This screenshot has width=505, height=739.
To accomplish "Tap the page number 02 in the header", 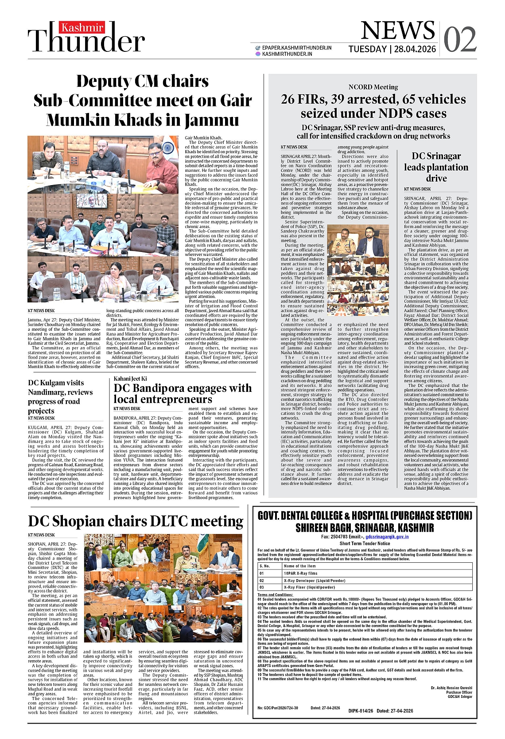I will click(x=460, y=40).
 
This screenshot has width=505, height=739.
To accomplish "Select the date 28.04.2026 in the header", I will click(x=415, y=49).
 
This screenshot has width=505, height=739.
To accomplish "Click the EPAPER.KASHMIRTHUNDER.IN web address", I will click(x=296, y=48).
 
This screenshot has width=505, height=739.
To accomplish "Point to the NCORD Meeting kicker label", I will click(x=373, y=87).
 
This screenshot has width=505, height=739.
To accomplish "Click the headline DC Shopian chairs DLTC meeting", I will click(x=136, y=522).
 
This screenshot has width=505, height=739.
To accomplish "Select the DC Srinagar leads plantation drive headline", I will click(x=436, y=167).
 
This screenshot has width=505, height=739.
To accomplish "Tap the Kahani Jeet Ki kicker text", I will click(x=130, y=379).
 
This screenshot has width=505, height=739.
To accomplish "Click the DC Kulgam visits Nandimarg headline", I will click(x=60, y=397).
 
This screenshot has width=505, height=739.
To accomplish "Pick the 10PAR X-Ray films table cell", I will click(x=301, y=573).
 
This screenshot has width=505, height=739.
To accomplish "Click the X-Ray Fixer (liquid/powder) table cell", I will click(x=309, y=587).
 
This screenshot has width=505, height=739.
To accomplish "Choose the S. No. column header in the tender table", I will click(x=265, y=566).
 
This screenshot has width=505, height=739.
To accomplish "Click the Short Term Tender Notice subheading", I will click(x=365, y=543).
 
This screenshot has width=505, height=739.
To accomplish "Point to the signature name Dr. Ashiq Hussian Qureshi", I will click(x=451, y=688).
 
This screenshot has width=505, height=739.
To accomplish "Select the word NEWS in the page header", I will click(x=398, y=31).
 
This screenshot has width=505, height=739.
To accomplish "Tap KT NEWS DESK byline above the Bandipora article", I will click(x=127, y=409).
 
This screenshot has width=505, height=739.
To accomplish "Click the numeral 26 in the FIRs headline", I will click(x=287, y=99).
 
